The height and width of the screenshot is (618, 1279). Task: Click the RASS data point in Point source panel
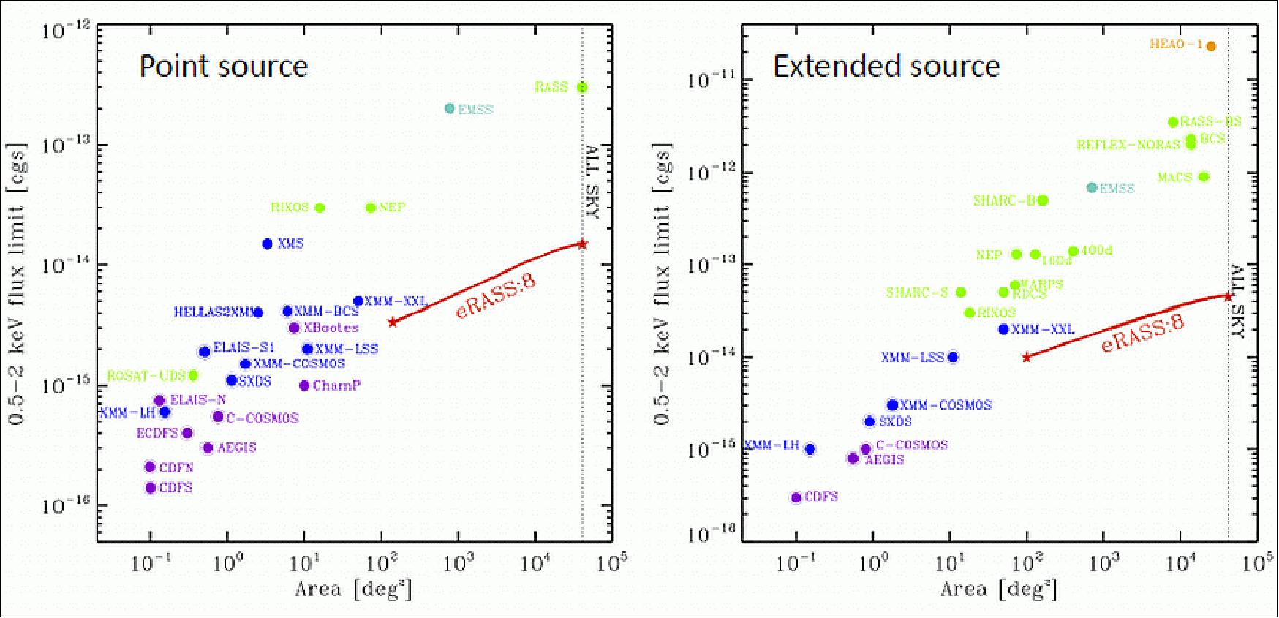click(582, 87)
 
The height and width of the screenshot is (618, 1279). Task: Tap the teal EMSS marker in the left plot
click(450, 108)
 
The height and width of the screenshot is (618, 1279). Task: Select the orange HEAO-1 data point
click(1211, 46)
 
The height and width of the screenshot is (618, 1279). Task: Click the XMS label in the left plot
click(290, 244)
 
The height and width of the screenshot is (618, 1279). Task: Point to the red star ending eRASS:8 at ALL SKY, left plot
click(583, 244)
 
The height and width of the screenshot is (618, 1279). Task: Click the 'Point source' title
click(224, 67)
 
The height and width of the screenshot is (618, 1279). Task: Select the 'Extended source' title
click(886, 67)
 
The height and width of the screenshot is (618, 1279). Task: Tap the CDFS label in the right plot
click(821, 497)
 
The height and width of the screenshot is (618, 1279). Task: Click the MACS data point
click(1204, 176)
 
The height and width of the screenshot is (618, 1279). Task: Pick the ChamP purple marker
click(304, 385)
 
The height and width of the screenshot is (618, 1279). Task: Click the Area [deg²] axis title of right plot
click(998, 588)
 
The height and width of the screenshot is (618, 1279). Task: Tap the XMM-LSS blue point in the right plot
click(952, 357)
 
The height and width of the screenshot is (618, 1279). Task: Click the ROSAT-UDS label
click(146, 375)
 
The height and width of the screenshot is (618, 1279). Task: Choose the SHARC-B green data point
click(1043, 200)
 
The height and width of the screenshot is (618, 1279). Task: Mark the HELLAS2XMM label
click(213, 312)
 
